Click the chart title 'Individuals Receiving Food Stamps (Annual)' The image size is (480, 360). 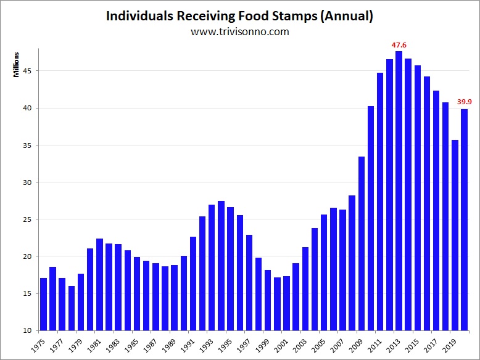[239, 16]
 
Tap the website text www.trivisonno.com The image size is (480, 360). [239, 32]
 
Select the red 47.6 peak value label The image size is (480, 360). [399, 45]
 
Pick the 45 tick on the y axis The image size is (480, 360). [26, 71]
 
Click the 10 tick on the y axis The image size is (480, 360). [26, 330]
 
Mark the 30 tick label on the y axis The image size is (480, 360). [26, 182]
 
